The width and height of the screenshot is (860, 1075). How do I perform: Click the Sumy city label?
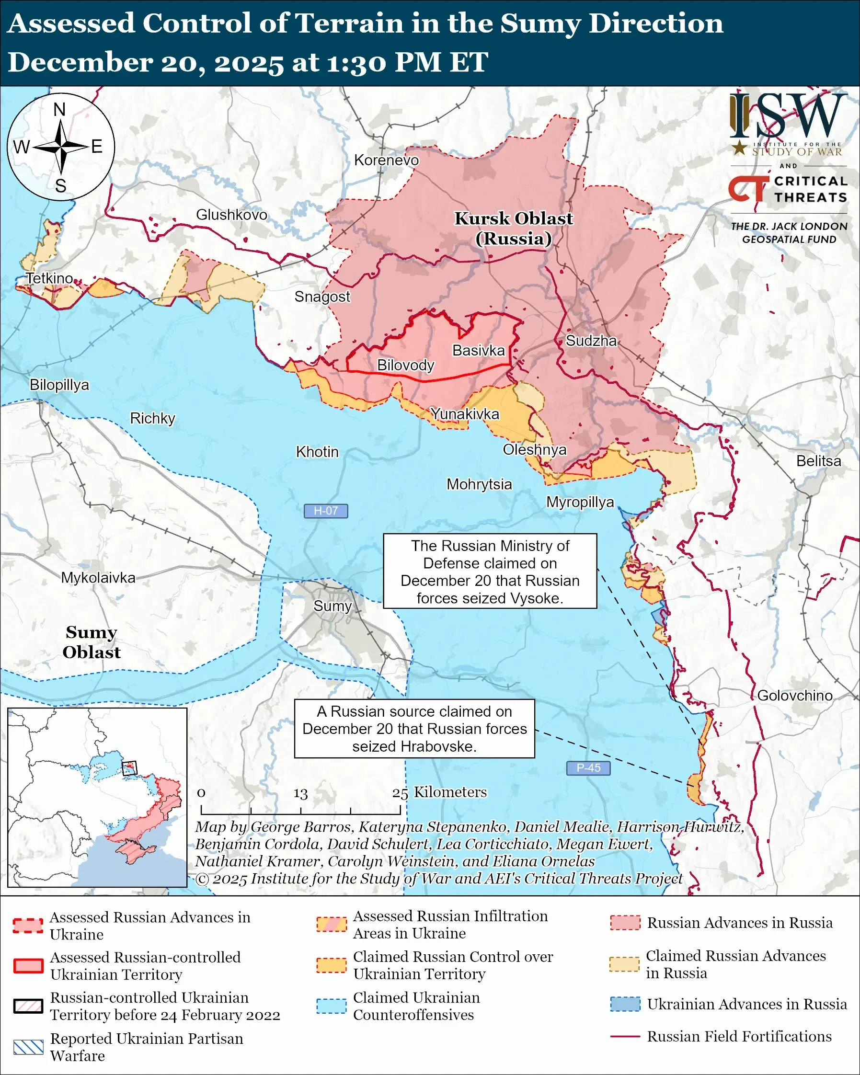point(333,606)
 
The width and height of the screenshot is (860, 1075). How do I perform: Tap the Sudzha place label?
point(591,341)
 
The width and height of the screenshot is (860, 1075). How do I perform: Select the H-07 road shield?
point(325,511)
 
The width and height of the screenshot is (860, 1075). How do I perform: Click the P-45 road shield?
point(588,768)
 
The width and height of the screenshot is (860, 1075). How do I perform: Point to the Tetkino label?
point(49,278)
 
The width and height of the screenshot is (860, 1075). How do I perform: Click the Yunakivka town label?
point(465,414)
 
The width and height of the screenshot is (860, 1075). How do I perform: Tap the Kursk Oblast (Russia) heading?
point(514,229)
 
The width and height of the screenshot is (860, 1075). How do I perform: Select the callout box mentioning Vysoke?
point(490,571)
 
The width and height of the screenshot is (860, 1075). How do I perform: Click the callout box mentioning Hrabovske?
point(414,729)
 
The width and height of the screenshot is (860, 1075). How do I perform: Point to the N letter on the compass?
point(60,110)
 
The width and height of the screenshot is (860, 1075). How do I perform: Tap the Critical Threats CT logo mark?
point(748,189)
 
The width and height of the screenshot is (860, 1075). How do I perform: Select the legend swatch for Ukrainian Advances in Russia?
point(625,1004)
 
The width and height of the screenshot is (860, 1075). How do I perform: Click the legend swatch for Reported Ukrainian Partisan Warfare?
point(28,1047)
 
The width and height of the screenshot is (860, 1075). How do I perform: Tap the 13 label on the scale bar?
point(300,793)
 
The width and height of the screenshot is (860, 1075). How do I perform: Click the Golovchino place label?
point(794,696)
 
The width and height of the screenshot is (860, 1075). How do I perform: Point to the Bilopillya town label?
point(59,385)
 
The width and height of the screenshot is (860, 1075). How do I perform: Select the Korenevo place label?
point(386,160)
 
